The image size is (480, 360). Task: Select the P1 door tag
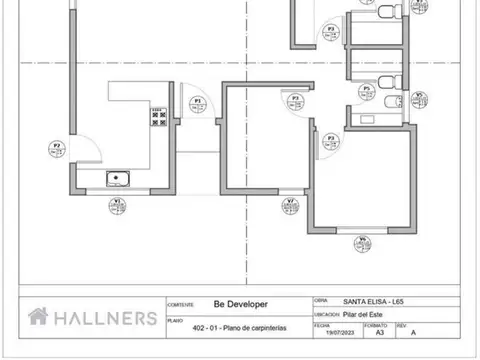click(x=198, y=102)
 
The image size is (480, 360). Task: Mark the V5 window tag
click(x=419, y=98)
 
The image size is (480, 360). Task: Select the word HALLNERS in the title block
click(x=105, y=317)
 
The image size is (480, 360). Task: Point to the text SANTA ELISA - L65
click(x=375, y=300)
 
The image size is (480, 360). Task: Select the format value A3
click(x=373, y=334)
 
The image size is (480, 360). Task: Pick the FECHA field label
click(x=321, y=325)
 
